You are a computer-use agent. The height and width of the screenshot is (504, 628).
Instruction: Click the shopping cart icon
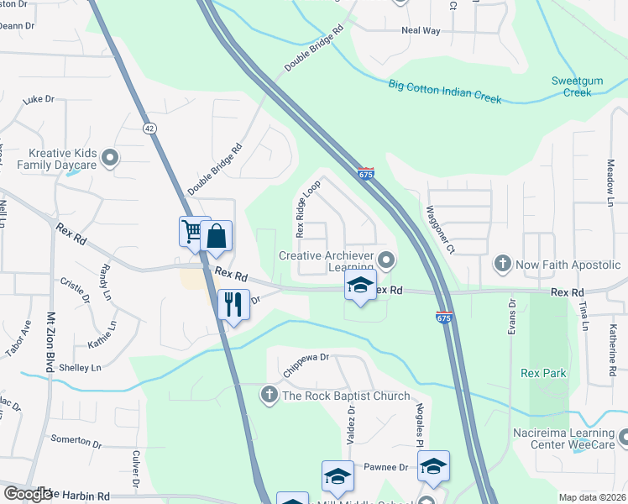[x=193, y=231]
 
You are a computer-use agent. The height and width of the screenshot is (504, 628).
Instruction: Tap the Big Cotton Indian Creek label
[x=445, y=92]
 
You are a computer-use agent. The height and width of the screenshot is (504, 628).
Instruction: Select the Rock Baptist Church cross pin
[x=269, y=395]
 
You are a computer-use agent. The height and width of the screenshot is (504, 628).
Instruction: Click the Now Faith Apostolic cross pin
[x=502, y=265]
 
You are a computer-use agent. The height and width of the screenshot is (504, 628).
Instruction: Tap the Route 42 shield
[x=149, y=128]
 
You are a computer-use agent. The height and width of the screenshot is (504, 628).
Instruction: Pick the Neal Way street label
[x=421, y=31]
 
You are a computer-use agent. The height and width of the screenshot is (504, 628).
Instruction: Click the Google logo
[x=28, y=493]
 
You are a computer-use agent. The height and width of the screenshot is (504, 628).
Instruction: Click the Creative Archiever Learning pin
[x=386, y=258]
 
